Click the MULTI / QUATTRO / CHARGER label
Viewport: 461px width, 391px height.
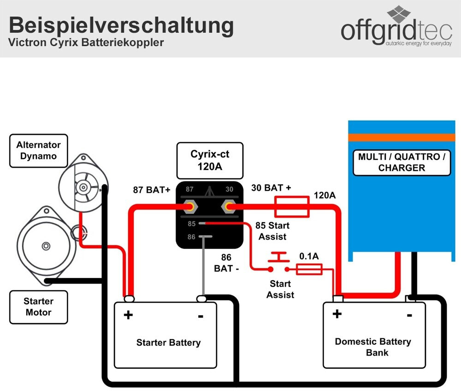[402, 162]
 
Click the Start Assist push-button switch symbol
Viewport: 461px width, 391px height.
[278, 261]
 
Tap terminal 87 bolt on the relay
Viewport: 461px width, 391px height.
[190, 207]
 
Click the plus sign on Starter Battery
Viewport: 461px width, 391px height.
[128, 315]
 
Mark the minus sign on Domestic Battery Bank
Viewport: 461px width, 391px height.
[409, 315]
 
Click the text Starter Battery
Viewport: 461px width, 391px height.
[168, 343]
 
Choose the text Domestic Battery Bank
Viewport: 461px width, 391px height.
[373, 347]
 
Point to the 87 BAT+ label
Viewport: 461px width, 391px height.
[151, 190]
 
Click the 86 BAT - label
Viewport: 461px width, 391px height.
[226, 263]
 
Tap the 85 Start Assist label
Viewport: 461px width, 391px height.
[272, 231]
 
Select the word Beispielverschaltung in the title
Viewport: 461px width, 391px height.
[121, 25]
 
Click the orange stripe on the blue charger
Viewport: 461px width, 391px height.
[402, 137]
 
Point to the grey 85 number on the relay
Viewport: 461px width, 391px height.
[192, 224]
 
